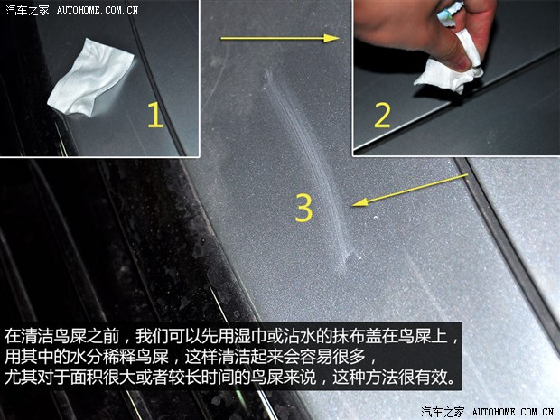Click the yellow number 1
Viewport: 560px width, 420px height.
[154, 117]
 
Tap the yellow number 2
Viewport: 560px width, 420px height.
[382, 116]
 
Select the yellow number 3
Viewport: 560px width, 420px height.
[304, 208]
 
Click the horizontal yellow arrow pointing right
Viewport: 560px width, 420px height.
[279, 39]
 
